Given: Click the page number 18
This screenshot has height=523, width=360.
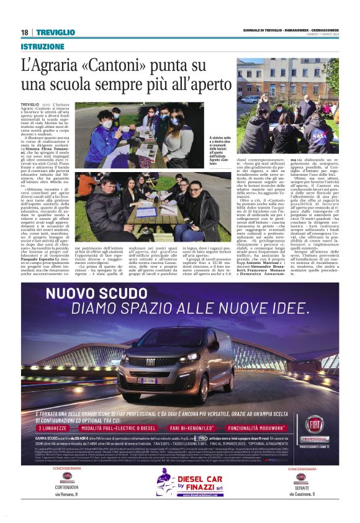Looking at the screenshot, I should point(24,32).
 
